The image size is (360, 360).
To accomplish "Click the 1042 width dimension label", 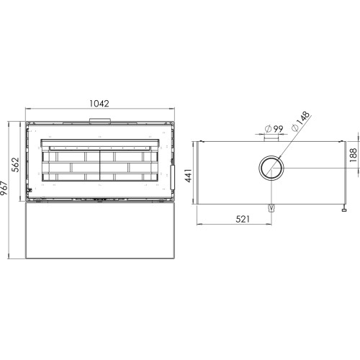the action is click(99, 104).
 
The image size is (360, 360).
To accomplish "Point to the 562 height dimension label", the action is click(15, 165).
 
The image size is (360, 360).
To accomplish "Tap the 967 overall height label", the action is click(4, 188).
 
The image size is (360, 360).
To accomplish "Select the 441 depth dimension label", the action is click(189, 176).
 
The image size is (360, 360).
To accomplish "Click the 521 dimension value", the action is click(243, 219).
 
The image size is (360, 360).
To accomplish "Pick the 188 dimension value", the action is click(354, 155).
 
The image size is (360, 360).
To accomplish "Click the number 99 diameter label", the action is click(278, 129).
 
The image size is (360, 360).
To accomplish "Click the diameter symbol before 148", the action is click(295, 128).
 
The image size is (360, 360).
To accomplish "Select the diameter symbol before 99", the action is click(268, 129).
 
